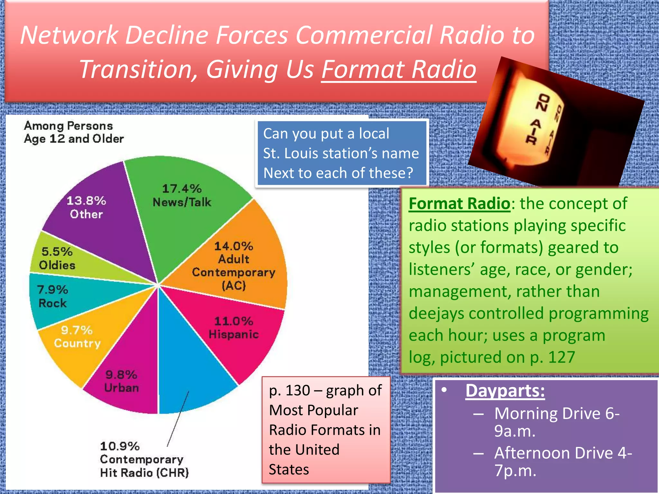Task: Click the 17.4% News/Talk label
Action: tap(182, 196)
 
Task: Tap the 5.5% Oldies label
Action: tap(57, 258)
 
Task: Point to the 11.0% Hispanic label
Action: tap(234, 328)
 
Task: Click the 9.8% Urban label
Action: tap(121, 381)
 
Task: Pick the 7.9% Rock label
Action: tap(52, 296)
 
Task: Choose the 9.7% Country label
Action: tap(77, 337)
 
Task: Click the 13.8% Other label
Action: tap(86, 207)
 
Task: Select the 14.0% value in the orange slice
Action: tap(234, 246)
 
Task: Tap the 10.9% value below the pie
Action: tap(120, 446)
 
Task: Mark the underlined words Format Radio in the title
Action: tap(399, 69)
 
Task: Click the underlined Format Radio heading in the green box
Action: tap(459, 204)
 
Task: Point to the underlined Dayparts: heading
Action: tap(505, 391)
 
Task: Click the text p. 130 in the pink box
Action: tap(290, 390)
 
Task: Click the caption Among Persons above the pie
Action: tap(68, 126)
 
